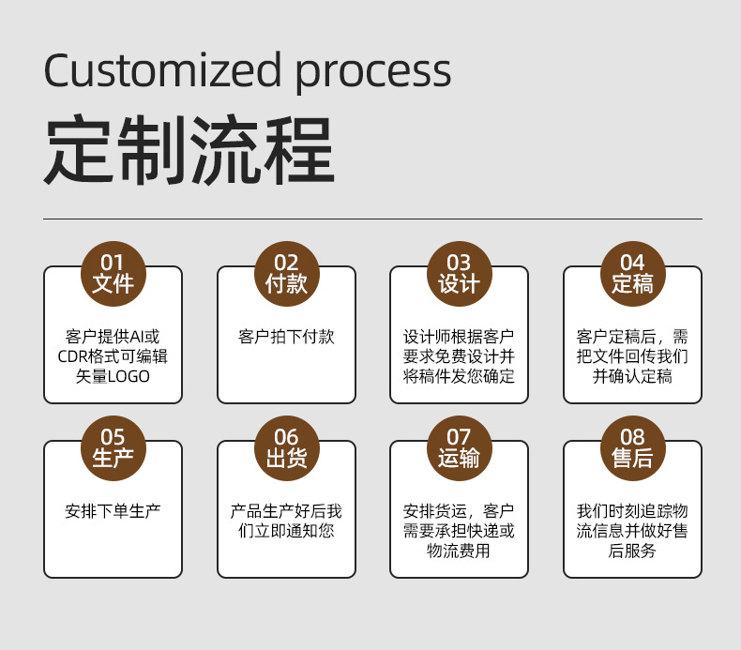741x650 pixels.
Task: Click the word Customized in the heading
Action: coord(161,71)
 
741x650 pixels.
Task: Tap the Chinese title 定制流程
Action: coord(189,151)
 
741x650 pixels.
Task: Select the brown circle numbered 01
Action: coord(113,273)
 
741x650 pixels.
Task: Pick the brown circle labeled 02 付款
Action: coord(286,273)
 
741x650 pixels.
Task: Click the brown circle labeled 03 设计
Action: coord(459,273)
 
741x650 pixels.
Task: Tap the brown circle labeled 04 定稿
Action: coord(632,273)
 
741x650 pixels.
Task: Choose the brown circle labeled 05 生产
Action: coord(113,447)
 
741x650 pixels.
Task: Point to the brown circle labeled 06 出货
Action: coord(286,447)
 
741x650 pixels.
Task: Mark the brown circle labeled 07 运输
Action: coord(459,447)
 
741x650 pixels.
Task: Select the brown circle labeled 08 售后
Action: coord(632,447)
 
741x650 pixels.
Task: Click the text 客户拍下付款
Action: coord(286,337)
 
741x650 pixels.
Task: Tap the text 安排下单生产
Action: coord(113,511)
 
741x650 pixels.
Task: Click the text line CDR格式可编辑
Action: coord(113,356)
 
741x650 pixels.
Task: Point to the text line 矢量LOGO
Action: coord(113,376)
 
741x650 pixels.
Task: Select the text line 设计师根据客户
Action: coord(459,337)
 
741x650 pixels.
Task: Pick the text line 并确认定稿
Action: coord(632,376)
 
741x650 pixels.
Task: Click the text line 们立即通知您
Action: coord(286,531)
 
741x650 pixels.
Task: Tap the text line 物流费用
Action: coord(459,551)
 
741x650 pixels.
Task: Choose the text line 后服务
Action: coord(632,551)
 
